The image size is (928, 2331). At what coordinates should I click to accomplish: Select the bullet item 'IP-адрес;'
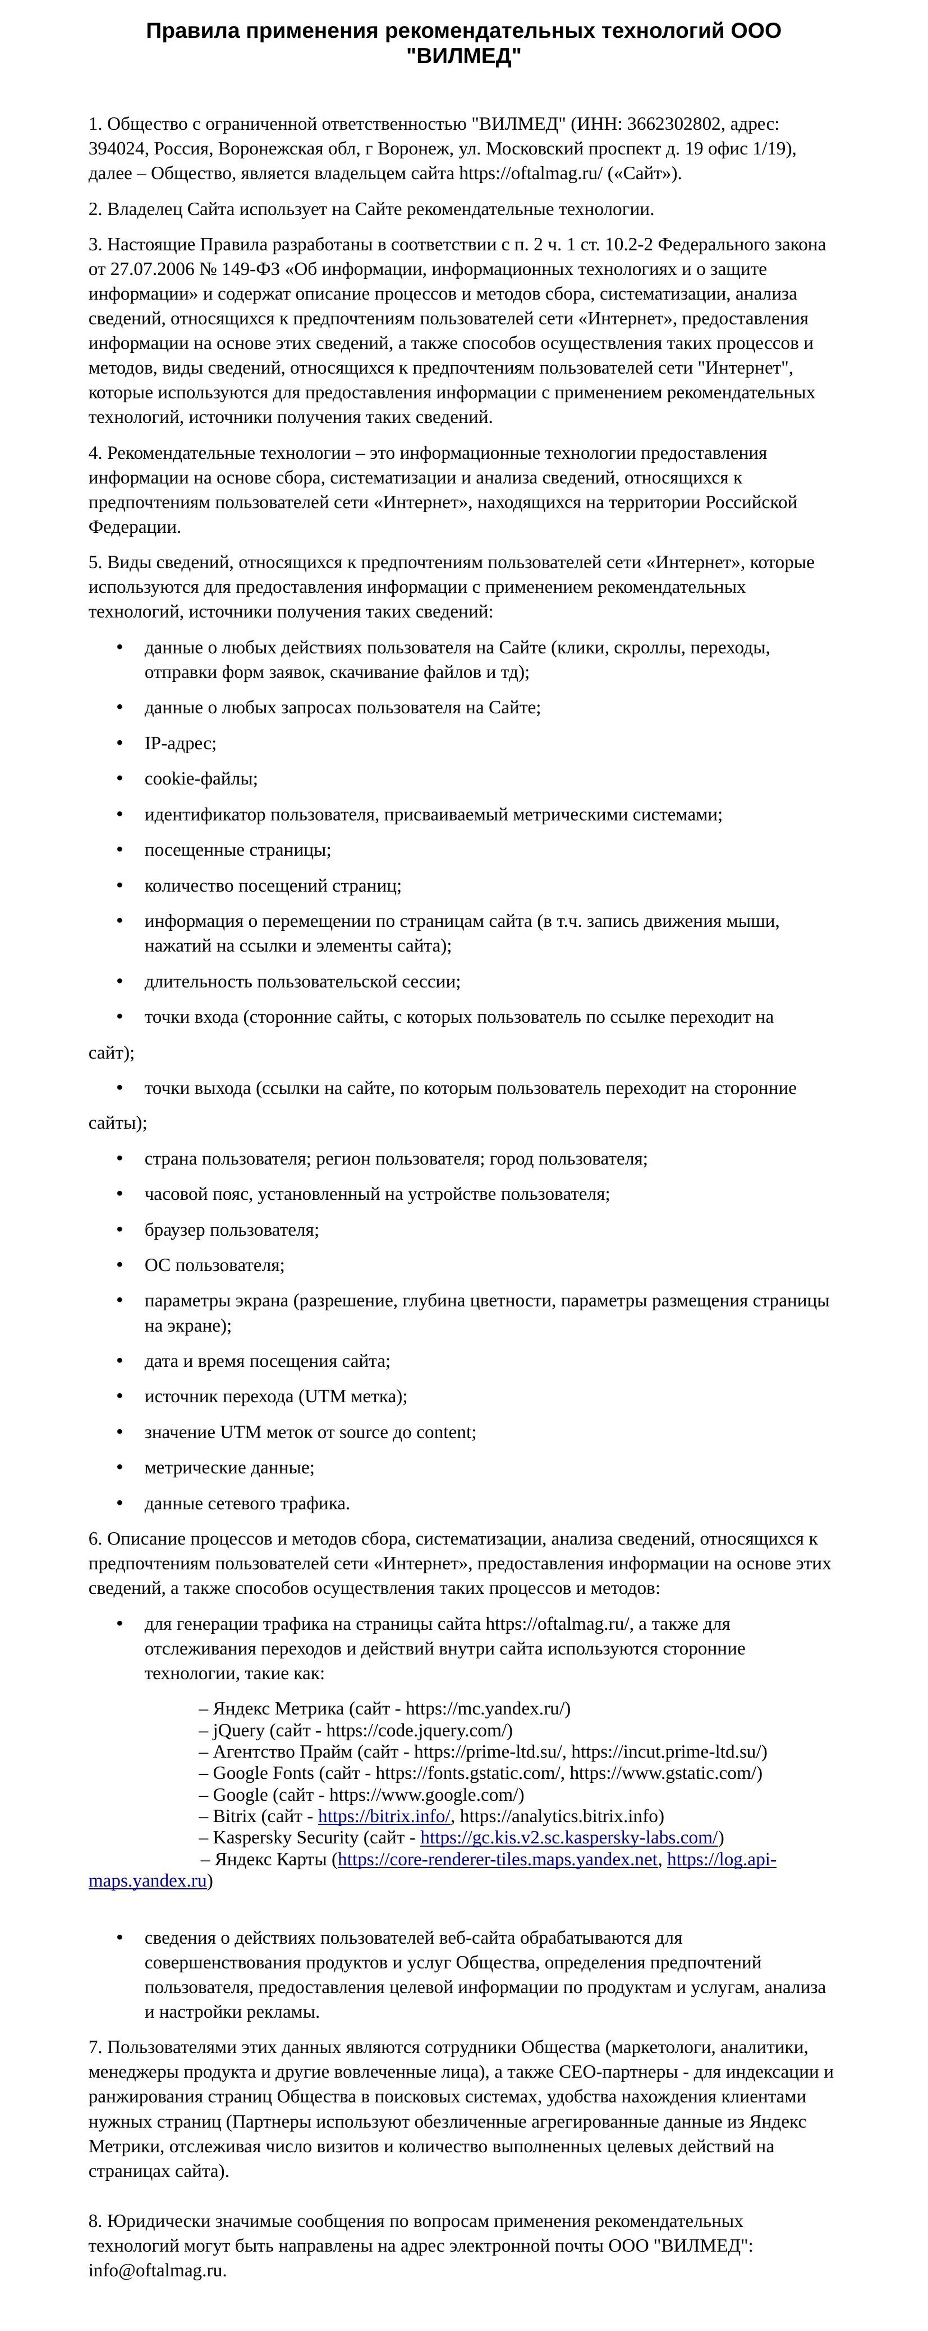(180, 743)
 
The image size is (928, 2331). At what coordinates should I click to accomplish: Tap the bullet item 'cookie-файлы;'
(201, 778)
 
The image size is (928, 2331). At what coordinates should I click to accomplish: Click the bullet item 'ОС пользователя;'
(214, 1265)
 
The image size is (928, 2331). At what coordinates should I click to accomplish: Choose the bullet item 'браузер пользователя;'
(232, 1230)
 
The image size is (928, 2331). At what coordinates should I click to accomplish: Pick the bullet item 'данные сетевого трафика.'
(247, 1503)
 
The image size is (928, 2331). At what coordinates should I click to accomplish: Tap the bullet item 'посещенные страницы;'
(237, 850)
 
